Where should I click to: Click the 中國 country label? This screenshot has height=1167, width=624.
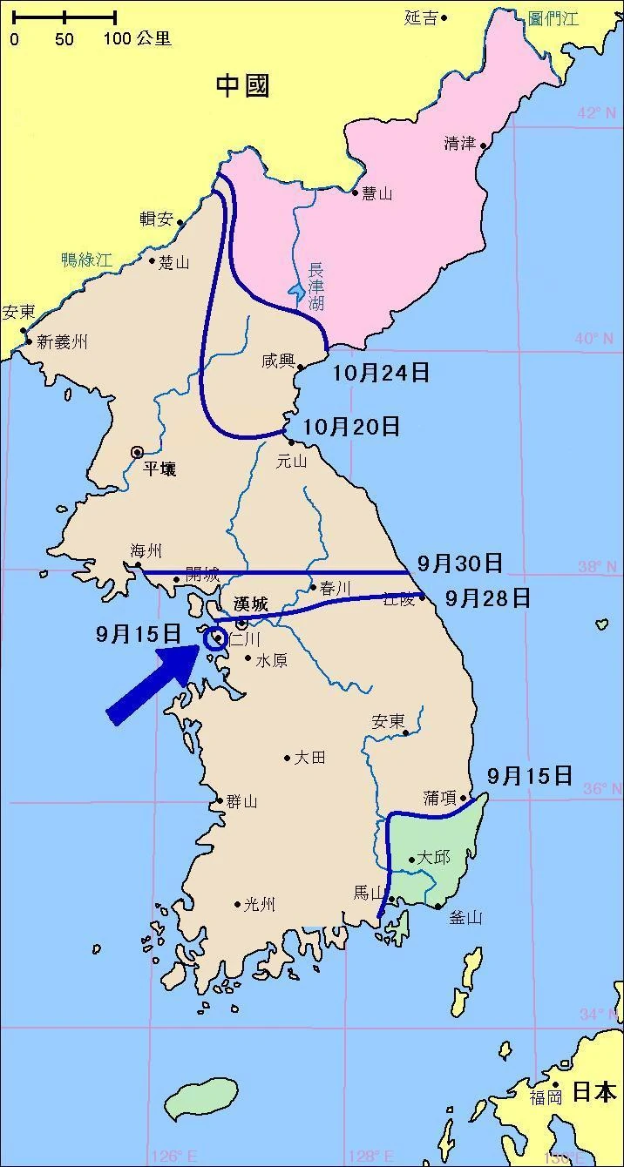coord(243,85)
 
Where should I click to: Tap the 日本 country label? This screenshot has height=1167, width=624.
coord(594,1091)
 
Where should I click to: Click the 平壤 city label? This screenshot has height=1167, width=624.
coord(159,469)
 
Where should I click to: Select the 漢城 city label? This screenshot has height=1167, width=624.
coord(253,604)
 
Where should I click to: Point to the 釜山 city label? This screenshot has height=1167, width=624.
coord(465,917)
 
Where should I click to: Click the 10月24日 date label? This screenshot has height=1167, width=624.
coord(382,373)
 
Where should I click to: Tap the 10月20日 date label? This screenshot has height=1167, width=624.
coord(353,426)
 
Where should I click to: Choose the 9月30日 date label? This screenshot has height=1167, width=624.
coord(459,563)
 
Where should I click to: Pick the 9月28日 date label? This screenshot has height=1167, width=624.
coord(487,597)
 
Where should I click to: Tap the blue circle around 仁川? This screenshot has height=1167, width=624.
coord(214,639)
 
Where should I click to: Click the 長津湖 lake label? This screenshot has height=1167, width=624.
coord(315,287)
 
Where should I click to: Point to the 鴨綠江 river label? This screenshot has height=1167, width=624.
coord(87,259)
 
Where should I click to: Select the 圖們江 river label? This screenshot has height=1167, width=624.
coord(553,18)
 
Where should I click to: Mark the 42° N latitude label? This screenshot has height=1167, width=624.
coord(596,112)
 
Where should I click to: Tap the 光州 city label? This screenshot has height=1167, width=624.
coord(260,905)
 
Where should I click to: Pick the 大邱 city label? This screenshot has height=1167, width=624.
coord(433,858)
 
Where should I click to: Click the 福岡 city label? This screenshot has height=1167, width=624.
coord(546,1097)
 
